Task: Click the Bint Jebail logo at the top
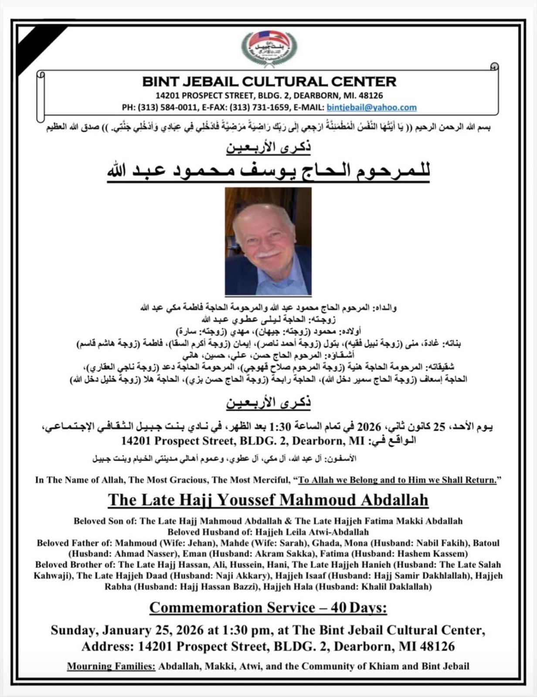point(269,47)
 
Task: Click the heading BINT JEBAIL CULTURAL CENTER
point(269,81)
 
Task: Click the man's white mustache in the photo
point(268,253)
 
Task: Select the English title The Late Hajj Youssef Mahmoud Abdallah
point(268,500)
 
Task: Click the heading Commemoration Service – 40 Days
point(268,607)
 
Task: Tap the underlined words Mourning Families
point(111,666)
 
